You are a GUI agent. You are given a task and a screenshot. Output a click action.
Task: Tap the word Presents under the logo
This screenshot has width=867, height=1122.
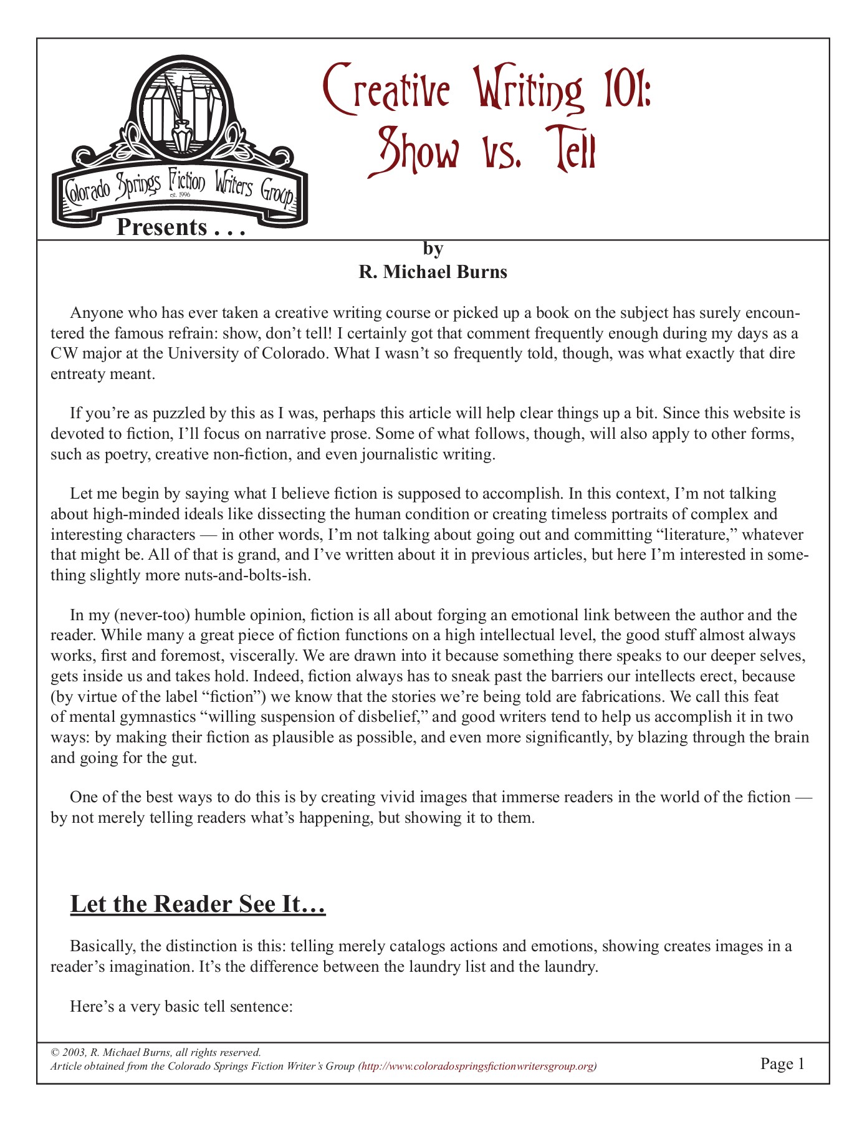pyautogui.click(x=161, y=228)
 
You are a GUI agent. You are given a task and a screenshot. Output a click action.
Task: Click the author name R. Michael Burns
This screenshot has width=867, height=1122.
pyautogui.click(x=433, y=272)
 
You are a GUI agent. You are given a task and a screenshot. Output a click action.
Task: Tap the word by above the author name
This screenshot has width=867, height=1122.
pyautogui.click(x=433, y=249)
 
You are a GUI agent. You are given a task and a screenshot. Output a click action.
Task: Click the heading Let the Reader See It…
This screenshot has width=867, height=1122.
pyautogui.click(x=198, y=904)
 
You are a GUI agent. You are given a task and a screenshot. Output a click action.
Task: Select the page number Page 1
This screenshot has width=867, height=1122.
pyautogui.click(x=782, y=1063)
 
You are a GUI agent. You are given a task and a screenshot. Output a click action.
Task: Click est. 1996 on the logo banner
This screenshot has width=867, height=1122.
pyautogui.click(x=180, y=195)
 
